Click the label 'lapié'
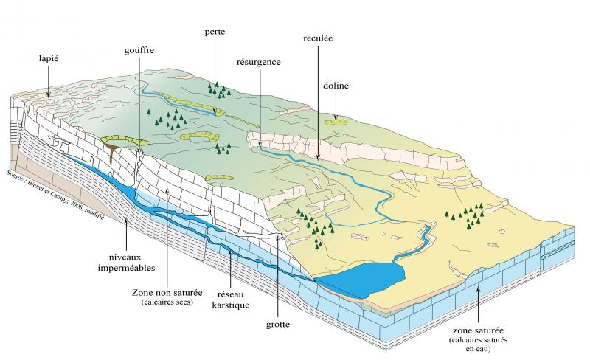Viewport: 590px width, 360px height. tap(49, 59)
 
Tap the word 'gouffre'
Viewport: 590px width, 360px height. tap(139, 50)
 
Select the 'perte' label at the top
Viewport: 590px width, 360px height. tap(215, 32)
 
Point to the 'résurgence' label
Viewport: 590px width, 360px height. tap(259, 62)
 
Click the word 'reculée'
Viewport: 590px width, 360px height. tap(318, 38)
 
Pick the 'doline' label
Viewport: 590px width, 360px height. tap(336, 86)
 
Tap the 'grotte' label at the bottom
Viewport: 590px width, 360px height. tap(278, 325)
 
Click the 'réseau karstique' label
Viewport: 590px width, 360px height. tap(231, 300)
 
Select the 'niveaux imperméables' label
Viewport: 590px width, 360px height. tap(126, 263)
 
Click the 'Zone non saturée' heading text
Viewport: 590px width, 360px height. tap(167, 293)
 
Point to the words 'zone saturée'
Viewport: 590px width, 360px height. tap(478, 331)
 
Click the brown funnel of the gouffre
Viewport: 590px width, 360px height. tap(112, 151)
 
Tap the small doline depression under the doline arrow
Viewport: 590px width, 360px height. tap(336, 122)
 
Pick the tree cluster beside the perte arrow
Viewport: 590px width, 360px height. tap(219, 91)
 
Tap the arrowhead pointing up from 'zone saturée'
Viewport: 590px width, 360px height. tap(478, 289)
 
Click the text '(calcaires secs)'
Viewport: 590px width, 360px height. tap(167, 302)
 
